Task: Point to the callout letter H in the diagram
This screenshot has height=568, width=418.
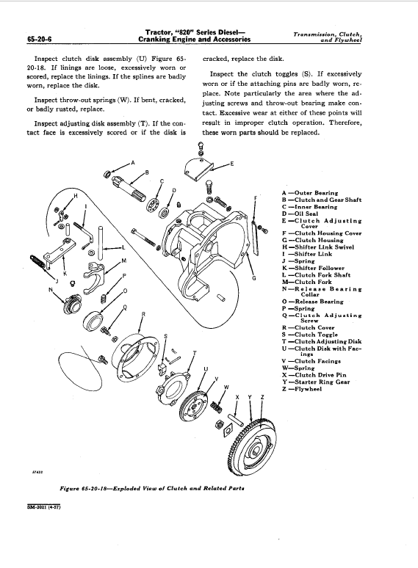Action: [76, 196]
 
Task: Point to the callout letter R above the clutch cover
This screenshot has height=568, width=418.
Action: [143, 315]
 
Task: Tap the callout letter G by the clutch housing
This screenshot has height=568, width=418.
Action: [254, 278]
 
